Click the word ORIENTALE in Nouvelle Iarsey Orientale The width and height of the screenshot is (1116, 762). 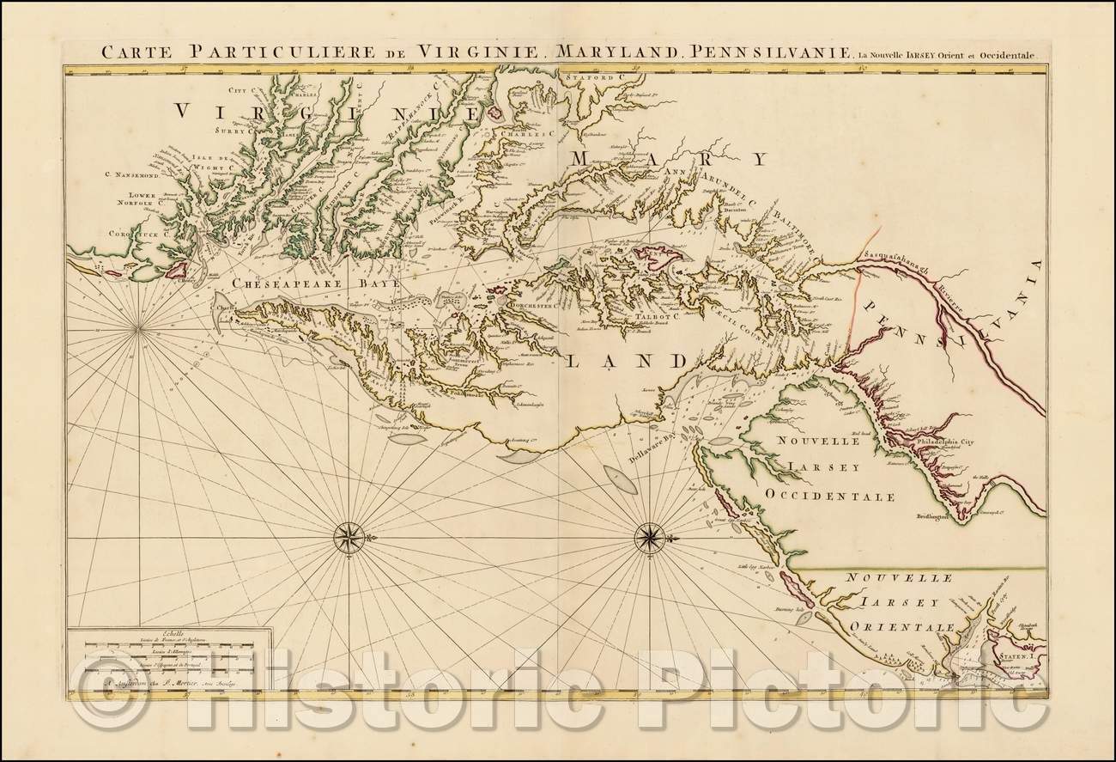pos(897,628)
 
